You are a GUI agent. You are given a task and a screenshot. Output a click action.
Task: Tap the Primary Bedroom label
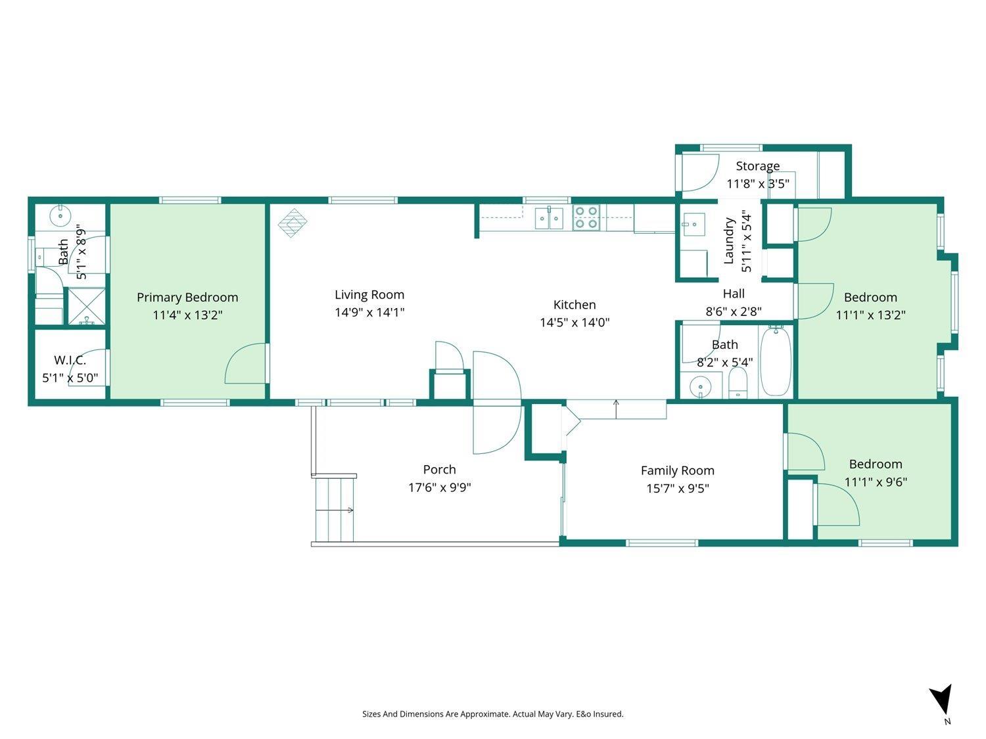tap(187, 298)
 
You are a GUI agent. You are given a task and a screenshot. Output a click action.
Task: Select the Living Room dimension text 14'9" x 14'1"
tap(369, 313)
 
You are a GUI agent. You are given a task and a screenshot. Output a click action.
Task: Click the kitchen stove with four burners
tap(586, 217)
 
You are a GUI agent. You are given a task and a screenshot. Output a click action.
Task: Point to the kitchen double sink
tap(549, 217)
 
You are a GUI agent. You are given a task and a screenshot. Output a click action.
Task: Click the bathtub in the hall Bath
tap(776, 361)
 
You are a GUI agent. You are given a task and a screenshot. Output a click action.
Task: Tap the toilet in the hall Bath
tap(738, 383)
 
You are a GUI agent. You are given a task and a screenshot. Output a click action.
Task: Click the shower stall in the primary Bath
tap(87, 306)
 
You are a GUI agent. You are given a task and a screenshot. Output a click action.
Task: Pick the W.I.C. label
tap(70, 360)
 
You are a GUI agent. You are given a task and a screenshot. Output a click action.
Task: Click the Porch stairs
tap(335, 509)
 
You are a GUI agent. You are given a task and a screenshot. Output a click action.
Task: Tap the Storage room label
tap(758, 166)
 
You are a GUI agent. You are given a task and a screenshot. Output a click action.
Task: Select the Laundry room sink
tap(693, 224)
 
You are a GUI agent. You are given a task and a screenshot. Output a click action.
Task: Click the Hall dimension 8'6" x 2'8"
tap(734, 311)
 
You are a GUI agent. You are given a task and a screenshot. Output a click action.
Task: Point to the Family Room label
tap(677, 470)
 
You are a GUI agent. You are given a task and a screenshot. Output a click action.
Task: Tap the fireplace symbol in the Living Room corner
tap(293, 222)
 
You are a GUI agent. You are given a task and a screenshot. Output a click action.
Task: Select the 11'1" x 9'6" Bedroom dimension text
tap(876, 481)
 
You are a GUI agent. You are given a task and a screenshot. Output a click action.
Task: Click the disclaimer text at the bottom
tap(493, 714)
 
